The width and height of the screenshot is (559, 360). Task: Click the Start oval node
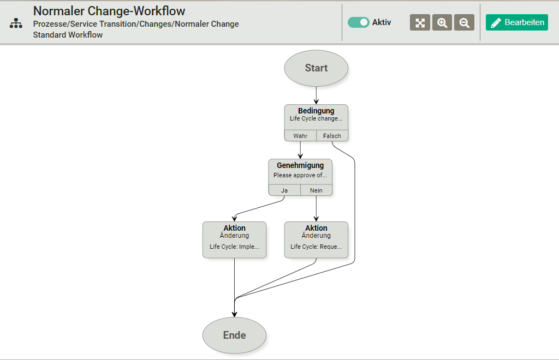316,68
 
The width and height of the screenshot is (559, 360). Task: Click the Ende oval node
234,335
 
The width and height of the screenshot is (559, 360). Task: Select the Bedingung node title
316,111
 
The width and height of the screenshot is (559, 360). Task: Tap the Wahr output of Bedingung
300,136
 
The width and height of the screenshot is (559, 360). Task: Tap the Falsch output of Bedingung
332,136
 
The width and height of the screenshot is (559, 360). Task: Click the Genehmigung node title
300,165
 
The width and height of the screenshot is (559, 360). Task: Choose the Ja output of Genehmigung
284,190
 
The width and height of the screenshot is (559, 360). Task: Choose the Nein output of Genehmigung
316,190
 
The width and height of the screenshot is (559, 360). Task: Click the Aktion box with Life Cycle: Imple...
234,239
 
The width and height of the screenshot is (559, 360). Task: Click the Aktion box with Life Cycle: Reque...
316,239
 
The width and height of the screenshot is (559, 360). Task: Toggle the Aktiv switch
359,22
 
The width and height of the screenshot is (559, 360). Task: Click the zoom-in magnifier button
442,22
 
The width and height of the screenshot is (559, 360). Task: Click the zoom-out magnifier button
464,22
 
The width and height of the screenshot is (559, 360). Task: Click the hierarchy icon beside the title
16,23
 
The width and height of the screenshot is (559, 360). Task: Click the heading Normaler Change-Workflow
109,11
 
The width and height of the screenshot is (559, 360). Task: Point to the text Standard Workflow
68,35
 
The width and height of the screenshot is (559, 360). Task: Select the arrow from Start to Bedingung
316,95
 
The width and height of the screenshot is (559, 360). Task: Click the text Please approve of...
300,176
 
